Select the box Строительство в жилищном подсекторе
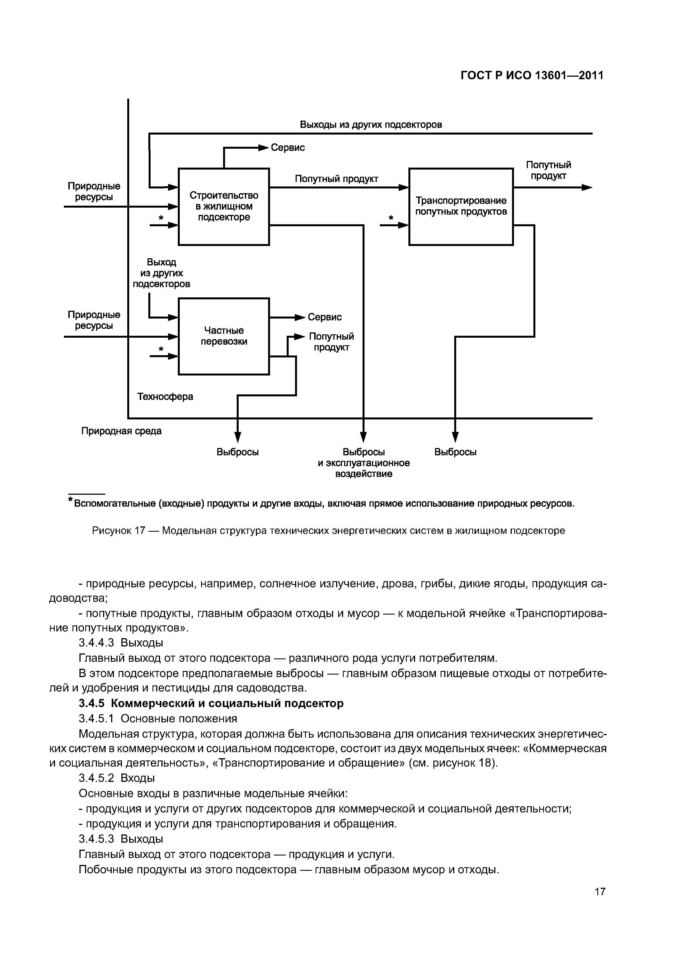point(224,207)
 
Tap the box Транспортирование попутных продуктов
point(461,207)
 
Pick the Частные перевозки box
point(224,336)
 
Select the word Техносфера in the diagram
point(165,396)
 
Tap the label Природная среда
point(121,431)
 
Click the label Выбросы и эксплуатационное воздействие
point(364,462)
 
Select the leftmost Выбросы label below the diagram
point(238,452)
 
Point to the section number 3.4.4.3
point(96,643)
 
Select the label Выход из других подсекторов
point(161,273)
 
